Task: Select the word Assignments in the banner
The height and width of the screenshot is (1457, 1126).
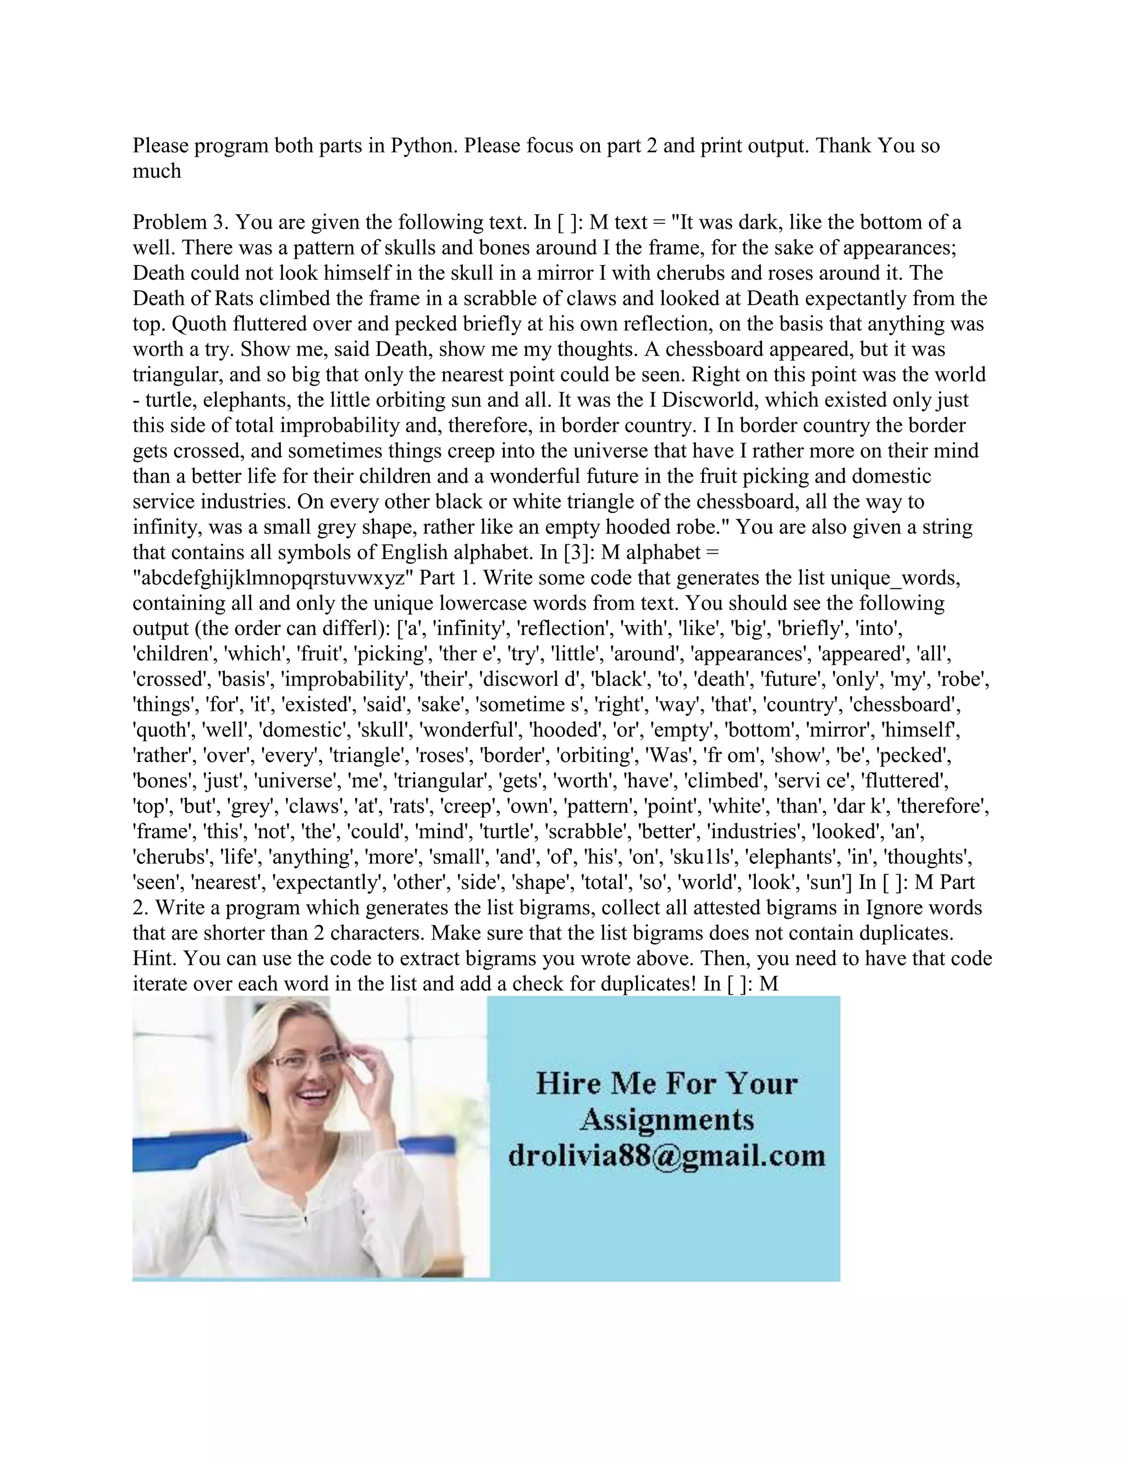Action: coord(666,1120)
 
